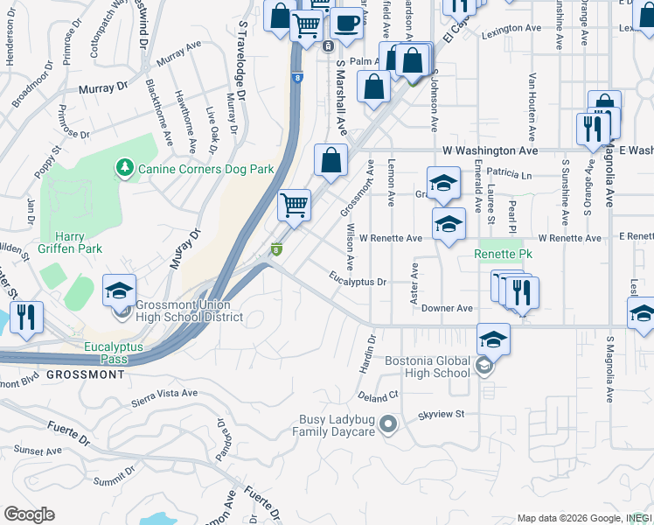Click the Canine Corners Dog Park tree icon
click(x=125, y=166)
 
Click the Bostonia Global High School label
click(x=428, y=367)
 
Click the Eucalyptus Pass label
click(x=119, y=353)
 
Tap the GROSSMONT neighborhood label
click(x=85, y=374)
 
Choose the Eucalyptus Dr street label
click(x=358, y=281)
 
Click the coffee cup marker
click(x=347, y=23)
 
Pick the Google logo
click(x=29, y=514)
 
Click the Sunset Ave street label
click(x=37, y=451)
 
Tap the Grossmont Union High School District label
click(x=183, y=311)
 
